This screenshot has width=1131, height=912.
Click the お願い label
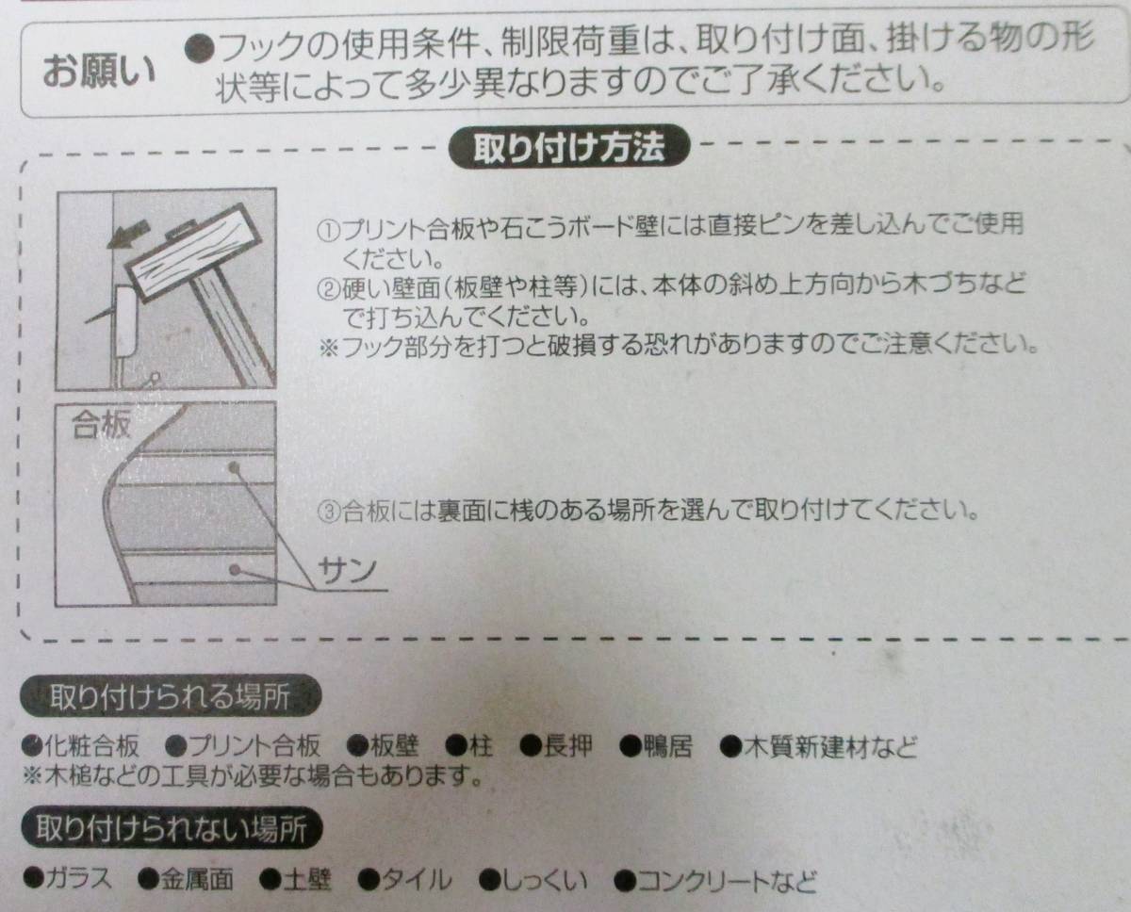click(x=99, y=73)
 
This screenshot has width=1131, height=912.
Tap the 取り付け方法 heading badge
click(x=569, y=149)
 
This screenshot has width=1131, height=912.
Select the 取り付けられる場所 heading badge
click(x=170, y=698)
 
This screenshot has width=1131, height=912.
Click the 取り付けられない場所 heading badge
click(x=172, y=830)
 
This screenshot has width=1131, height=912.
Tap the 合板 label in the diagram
click(x=101, y=426)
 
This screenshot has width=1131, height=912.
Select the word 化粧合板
click(x=92, y=748)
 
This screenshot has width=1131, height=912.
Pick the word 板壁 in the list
click(x=393, y=748)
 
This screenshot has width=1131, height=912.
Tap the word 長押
click(x=569, y=748)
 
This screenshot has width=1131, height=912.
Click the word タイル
click(x=416, y=881)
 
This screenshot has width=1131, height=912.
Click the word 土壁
click(x=308, y=881)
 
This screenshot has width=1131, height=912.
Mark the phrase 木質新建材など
click(x=829, y=748)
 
